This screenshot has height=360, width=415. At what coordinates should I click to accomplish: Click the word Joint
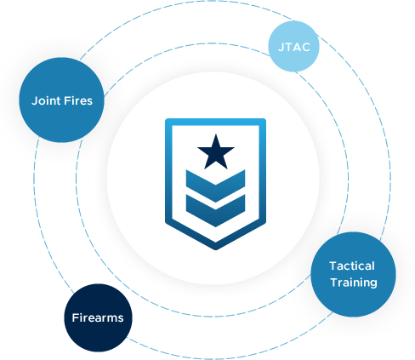[46, 101]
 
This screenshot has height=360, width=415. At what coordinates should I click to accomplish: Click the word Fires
[78, 101]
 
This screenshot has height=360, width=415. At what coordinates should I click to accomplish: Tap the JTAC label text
[294, 47]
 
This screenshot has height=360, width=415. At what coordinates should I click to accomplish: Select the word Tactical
[352, 266]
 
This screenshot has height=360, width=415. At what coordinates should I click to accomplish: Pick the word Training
[354, 283]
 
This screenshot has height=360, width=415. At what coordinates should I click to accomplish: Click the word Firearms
[98, 317]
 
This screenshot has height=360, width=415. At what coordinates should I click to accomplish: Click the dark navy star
[216, 151]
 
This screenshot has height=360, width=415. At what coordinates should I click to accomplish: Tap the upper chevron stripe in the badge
[215, 186]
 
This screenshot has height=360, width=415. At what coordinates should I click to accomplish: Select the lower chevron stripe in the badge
[215, 210]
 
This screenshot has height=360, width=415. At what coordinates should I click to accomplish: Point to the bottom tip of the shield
[215, 249]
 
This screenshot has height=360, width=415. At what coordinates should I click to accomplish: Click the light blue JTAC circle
[293, 46]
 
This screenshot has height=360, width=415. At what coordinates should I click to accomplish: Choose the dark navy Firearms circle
[98, 317]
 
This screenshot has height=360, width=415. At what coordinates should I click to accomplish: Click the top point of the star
[216, 134]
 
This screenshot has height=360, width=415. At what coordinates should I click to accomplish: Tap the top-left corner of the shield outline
[166, 119]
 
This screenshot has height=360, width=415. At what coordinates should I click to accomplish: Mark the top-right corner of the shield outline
[265, 119]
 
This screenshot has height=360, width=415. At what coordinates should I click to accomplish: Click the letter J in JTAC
[281, 48]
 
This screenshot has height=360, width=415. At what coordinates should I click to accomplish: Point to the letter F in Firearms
[76, 317]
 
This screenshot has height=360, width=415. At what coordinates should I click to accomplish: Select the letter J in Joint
[35, 101]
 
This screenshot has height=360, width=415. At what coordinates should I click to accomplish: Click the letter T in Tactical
[333, 266]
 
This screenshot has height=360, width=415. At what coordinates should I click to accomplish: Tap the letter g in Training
[372, 284]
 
